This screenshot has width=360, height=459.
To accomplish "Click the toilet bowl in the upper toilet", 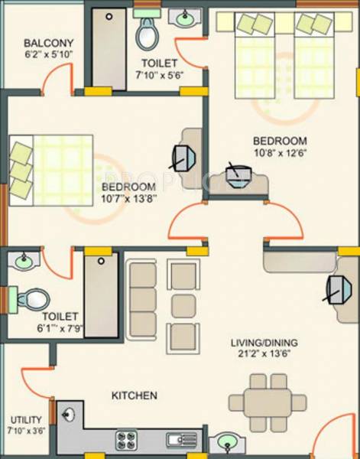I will [146, 33].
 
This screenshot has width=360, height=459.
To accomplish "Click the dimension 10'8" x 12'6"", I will [280, 153].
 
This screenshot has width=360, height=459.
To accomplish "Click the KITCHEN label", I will [135, 396].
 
